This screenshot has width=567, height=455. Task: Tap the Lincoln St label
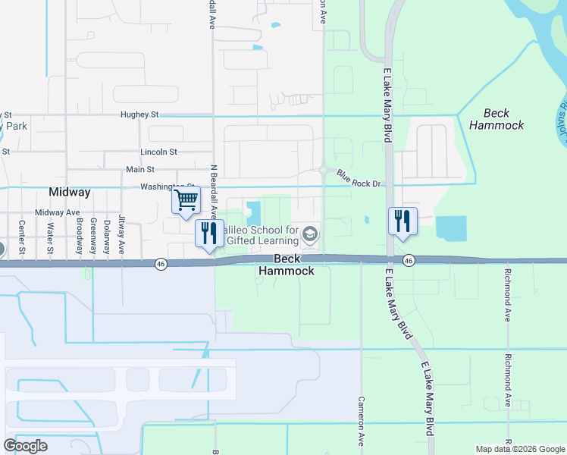click(158, 152)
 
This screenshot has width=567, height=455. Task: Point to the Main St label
click(140, 170)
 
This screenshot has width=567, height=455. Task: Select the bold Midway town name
click(70, 193)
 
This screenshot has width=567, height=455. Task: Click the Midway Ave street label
click(58, 213)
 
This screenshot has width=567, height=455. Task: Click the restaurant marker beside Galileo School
click(209, 234)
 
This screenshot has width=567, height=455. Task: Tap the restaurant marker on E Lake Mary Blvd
click(402, 221)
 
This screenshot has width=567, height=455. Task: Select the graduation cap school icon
click(309, 235)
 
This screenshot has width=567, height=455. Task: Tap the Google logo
click(25, 446)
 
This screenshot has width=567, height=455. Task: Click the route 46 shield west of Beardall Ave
click(161, 264)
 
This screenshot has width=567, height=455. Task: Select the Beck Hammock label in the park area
click(497, 119)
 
